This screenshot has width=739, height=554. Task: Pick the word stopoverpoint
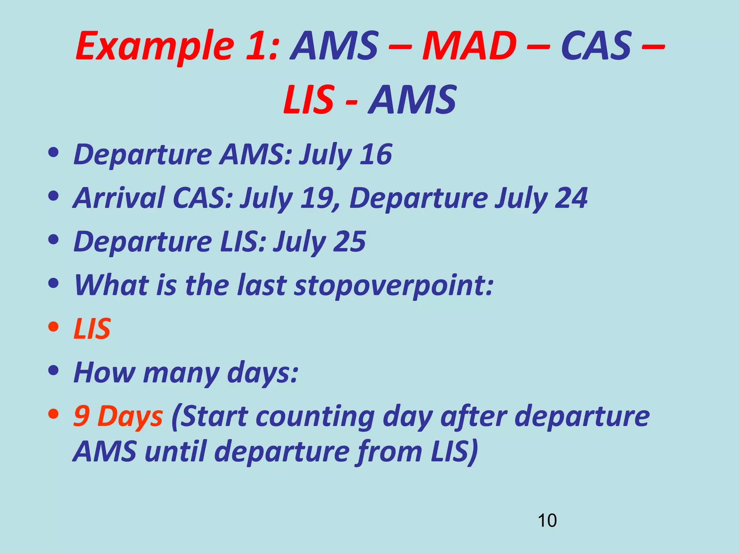coord(394,286)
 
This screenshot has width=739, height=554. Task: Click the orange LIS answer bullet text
coord(92,329)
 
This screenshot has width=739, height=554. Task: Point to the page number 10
coord(547,520)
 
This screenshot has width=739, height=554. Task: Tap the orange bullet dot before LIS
coord(53,327)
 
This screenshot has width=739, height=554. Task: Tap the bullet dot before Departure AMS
coord(53,153)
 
